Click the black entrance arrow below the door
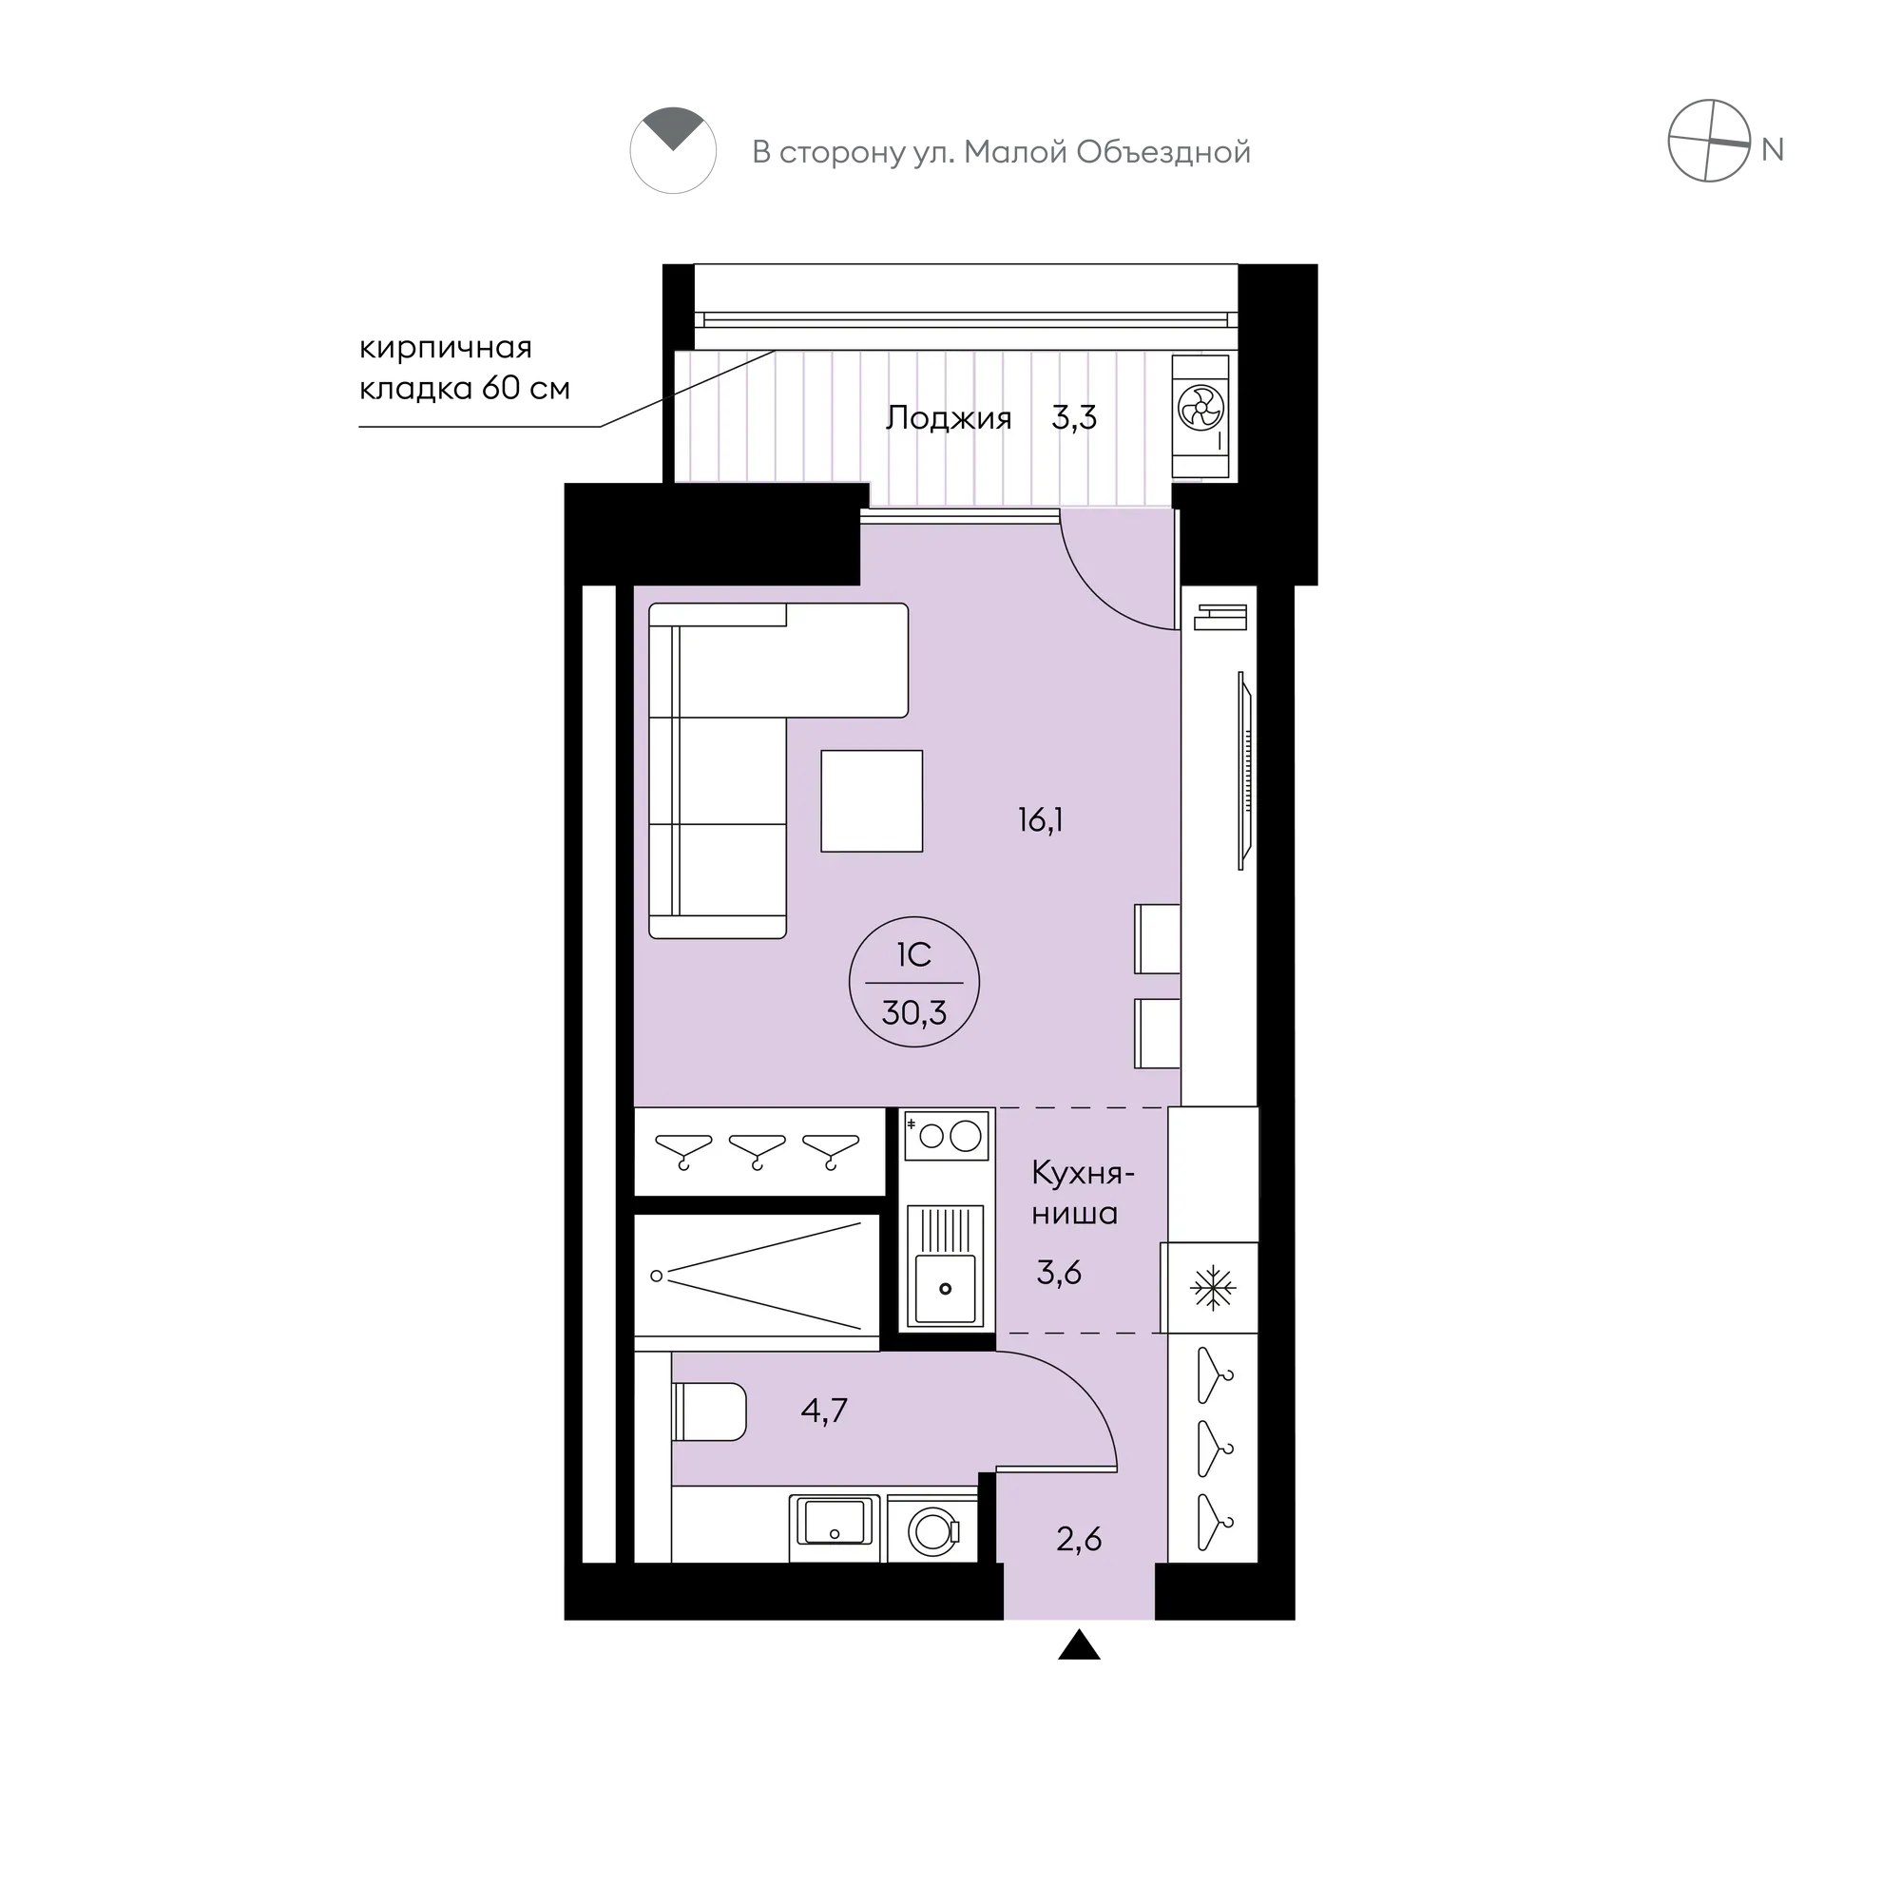coord(1079,1645)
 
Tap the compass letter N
coord(1772,150)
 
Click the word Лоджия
coord(948,418)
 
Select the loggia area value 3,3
coord(1073,418)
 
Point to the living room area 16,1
coord(1041,820)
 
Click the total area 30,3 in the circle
coord(913,1013)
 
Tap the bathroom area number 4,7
coord(824,1410)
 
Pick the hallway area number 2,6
coord(1079,1539)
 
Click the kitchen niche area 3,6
coord(1059,1272)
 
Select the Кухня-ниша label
coord(1083,1193)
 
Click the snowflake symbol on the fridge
coord(1213,1289)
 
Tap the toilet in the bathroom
coord(709,1411)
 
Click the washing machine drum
coord(932,1531)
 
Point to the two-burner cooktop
coord(946,1136)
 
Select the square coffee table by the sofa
coord(871,800)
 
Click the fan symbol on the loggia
coord(1200,407)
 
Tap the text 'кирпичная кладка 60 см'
coord(464,368)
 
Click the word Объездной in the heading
coord(1164,152)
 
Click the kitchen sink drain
coord(945,1289)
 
